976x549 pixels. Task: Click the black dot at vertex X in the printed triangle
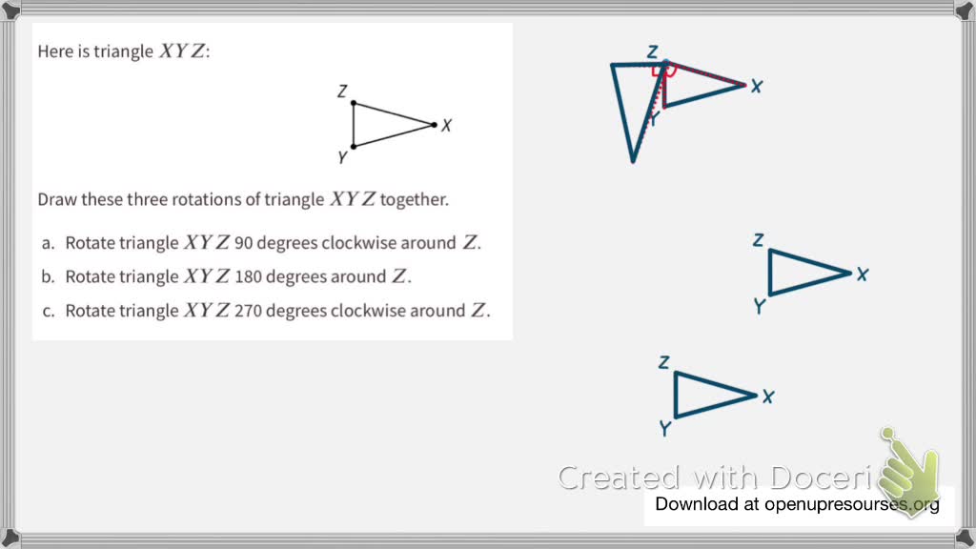click(x=434, y=125)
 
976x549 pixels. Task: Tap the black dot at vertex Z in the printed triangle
click(x=354, y=103)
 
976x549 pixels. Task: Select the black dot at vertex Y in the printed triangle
click(x=354, y=146)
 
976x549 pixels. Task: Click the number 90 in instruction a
click(x=243, y=243)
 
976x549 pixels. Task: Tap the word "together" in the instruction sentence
click(x=413, y=200)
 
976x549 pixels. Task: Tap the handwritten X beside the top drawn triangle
click(x=757, y=86)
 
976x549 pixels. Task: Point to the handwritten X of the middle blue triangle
click(x=862, y=274)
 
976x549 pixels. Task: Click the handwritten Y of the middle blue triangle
click(x=760, y=306)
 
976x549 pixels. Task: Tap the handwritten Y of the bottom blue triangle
click(x=665, y=429)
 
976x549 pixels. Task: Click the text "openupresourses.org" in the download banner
click(x=851, y=504)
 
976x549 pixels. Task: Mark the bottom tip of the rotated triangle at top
click(x=632, y=160)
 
